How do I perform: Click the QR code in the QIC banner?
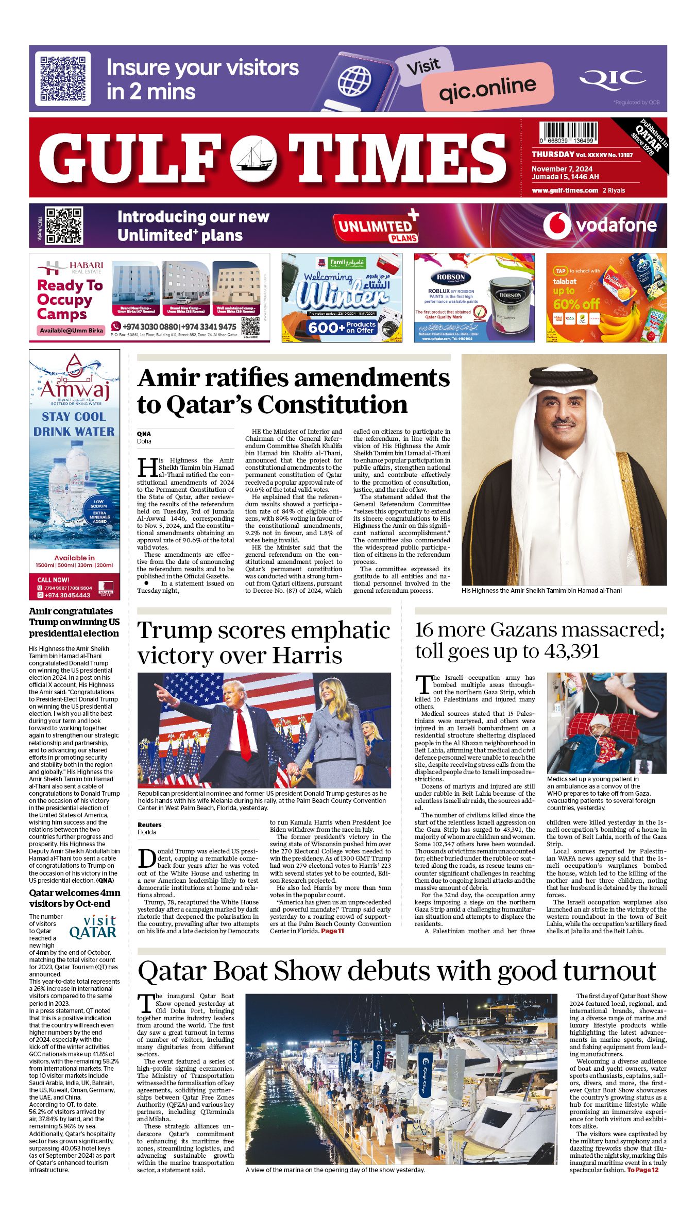tap(62, 79)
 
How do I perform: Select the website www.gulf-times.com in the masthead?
tap(565, 190)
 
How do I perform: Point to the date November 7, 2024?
tap(562, 169)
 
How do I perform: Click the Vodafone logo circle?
tap(556, 225)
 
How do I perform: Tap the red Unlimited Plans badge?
tap(376, 227)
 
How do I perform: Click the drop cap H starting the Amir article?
tap(147, 467)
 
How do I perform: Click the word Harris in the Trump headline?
tap(307, 656)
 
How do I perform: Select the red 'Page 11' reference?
tap(332, 931)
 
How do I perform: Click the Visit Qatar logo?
tap(93, 927)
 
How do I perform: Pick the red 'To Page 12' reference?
tap(642, 1170)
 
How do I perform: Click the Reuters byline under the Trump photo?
tap(149, 825)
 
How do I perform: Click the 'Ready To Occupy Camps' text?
tap(70, 300)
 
